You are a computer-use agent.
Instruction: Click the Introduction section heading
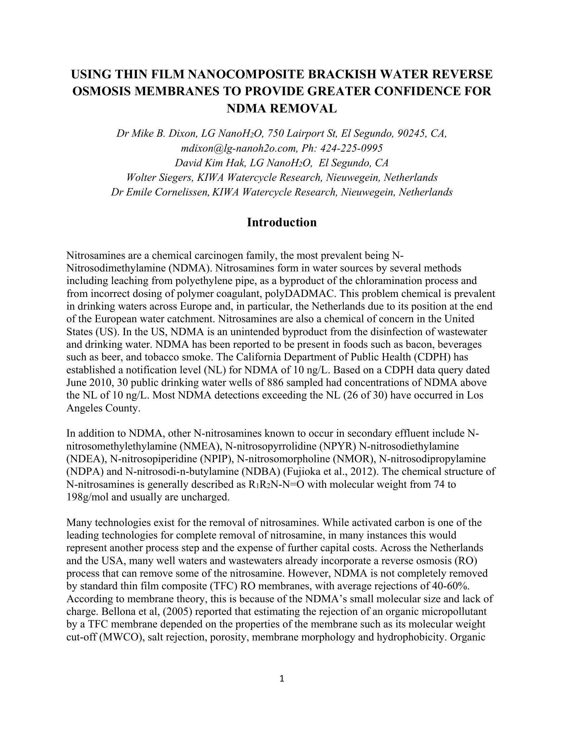pos(282,223)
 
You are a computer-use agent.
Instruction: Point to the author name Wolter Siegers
pos(160,178)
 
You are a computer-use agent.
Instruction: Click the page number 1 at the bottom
pos(282,679)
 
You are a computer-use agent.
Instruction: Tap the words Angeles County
pos(102,408)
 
